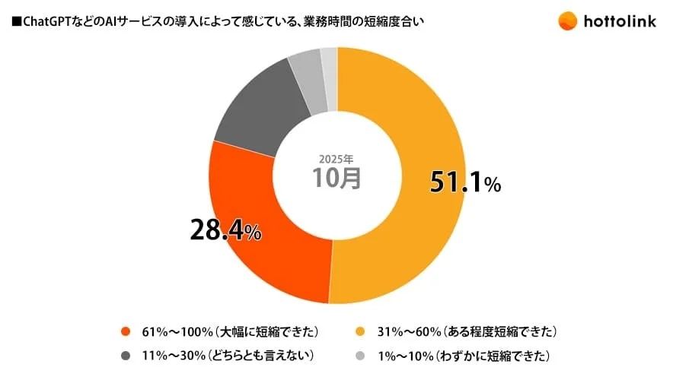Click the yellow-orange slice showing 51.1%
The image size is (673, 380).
[x=411, y=243]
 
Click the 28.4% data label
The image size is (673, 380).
[x=225, y=230]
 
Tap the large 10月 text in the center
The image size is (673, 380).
[x=336, y=179]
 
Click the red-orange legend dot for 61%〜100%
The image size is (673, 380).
[x=125, y=332]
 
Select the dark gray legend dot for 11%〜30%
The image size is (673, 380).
[x=125, y=356]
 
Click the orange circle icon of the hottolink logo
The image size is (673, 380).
[x=567, y=21]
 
